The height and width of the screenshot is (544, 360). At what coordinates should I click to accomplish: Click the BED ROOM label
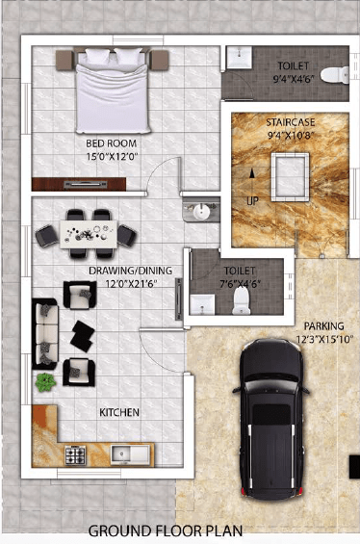point(112,143)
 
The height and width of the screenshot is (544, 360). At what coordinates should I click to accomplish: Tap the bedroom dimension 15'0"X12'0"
point(112,157)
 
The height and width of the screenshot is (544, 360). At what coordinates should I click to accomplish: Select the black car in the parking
point(271,419)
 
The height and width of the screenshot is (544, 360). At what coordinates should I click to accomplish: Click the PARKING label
point(324,326)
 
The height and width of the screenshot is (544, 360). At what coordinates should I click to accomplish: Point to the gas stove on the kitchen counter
point(75,454)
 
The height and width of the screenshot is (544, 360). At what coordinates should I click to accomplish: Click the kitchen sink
point(130,454)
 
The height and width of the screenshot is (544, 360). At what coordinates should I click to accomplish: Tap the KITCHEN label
point(119,412)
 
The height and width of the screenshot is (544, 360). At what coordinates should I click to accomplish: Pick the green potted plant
point(45,382)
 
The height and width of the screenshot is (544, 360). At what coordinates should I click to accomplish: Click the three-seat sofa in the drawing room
point(45,334)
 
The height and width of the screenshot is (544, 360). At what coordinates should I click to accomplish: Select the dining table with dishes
point(89,235)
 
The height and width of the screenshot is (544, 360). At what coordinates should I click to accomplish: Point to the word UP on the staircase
point(252,200)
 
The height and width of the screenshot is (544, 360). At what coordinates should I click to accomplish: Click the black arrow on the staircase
point(252,173)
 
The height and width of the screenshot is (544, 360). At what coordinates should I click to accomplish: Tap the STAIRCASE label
point(291,122)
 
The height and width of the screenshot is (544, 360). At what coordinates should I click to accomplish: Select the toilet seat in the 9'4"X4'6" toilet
point(335,74)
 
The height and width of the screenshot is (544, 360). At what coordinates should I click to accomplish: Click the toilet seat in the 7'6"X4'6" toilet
point(241,300)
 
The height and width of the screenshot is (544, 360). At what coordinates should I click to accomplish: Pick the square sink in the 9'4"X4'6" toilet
point(240,57)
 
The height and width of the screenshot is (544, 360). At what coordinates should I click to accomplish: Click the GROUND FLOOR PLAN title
point(166,531)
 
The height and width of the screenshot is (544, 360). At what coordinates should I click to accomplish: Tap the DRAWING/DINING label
point(130,271)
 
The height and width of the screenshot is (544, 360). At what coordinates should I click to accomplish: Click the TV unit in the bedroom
point(79,184)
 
